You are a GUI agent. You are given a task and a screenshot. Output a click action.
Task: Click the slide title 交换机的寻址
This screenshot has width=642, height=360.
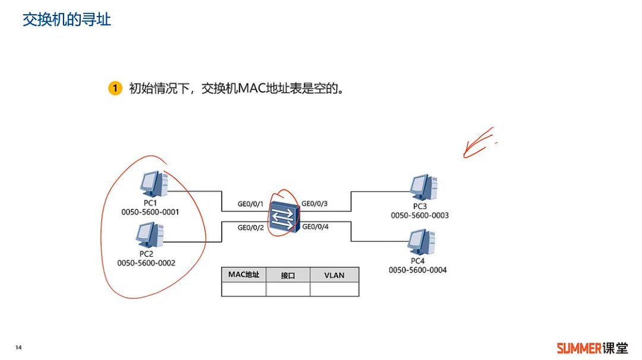pos(67,20)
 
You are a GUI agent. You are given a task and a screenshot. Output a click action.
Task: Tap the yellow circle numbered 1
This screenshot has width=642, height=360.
pos(115,89)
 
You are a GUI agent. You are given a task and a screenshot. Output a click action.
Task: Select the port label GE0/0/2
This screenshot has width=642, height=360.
pos(250,227)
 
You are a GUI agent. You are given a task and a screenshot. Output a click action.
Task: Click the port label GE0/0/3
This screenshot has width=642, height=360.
pos(315,204)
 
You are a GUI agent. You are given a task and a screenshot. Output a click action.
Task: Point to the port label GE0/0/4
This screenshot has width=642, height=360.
pos(315,226)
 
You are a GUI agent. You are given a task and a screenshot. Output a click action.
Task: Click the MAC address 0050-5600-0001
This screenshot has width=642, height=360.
pos(150,212)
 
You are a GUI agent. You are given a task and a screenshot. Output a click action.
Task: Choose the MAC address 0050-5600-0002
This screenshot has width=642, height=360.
pos(146,263)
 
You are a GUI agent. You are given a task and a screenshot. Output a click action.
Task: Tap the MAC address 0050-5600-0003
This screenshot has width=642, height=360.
pos(420,216)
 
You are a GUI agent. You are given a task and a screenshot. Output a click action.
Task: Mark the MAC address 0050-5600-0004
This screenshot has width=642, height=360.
pos(418,270)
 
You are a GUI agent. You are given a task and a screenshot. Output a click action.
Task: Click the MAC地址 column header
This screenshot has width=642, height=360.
pos(244,274)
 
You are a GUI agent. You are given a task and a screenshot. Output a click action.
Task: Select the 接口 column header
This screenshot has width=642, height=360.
pos(288,275)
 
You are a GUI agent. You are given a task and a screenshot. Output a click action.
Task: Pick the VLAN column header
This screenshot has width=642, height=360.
pos(334,275)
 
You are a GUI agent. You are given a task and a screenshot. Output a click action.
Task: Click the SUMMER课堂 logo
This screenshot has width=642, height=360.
pos(591,348)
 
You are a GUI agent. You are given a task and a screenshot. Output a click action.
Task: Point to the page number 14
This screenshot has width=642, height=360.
pos(18,347)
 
